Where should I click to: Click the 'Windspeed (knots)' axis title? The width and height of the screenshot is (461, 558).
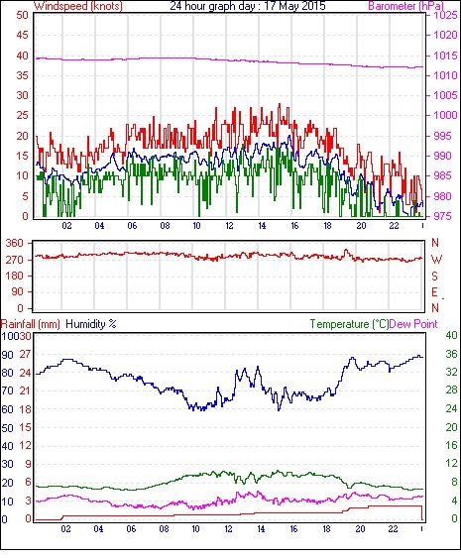tap(78, 6)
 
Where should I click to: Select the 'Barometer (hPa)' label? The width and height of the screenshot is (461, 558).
tap(406, 6)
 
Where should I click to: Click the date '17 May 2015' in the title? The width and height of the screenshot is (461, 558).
tap(295, 6)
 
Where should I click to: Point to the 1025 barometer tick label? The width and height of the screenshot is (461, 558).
tap(445, 15)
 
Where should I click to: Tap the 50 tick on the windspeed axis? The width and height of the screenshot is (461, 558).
tap(22, 15)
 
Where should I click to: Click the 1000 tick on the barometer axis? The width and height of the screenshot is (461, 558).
tap(445, 115)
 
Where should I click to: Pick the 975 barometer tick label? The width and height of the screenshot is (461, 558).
tap(444, 216)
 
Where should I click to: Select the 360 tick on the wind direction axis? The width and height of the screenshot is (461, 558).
tap(15, 244)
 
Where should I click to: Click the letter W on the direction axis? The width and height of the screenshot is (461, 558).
tap(436, 260)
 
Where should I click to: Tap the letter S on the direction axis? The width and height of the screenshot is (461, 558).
tap(434, 276)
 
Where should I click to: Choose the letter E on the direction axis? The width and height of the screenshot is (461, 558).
tap(434, 292)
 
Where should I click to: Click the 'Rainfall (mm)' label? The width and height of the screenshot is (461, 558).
tap(31, 324)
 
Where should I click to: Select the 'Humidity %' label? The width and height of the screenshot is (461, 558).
tap(91, 324)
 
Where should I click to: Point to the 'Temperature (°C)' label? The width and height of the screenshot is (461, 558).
tap(349, 324)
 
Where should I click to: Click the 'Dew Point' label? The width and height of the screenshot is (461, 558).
tap(413, 324)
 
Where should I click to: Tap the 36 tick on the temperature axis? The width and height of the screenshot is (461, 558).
tap(451, 354)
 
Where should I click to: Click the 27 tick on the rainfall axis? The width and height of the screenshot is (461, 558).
tap(26, 355)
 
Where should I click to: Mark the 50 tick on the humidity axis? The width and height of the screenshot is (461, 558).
tap(8, 428)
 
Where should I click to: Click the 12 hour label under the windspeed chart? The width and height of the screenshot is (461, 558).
tap(229, 226)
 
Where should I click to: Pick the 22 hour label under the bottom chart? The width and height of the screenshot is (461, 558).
tap(393, 529)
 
